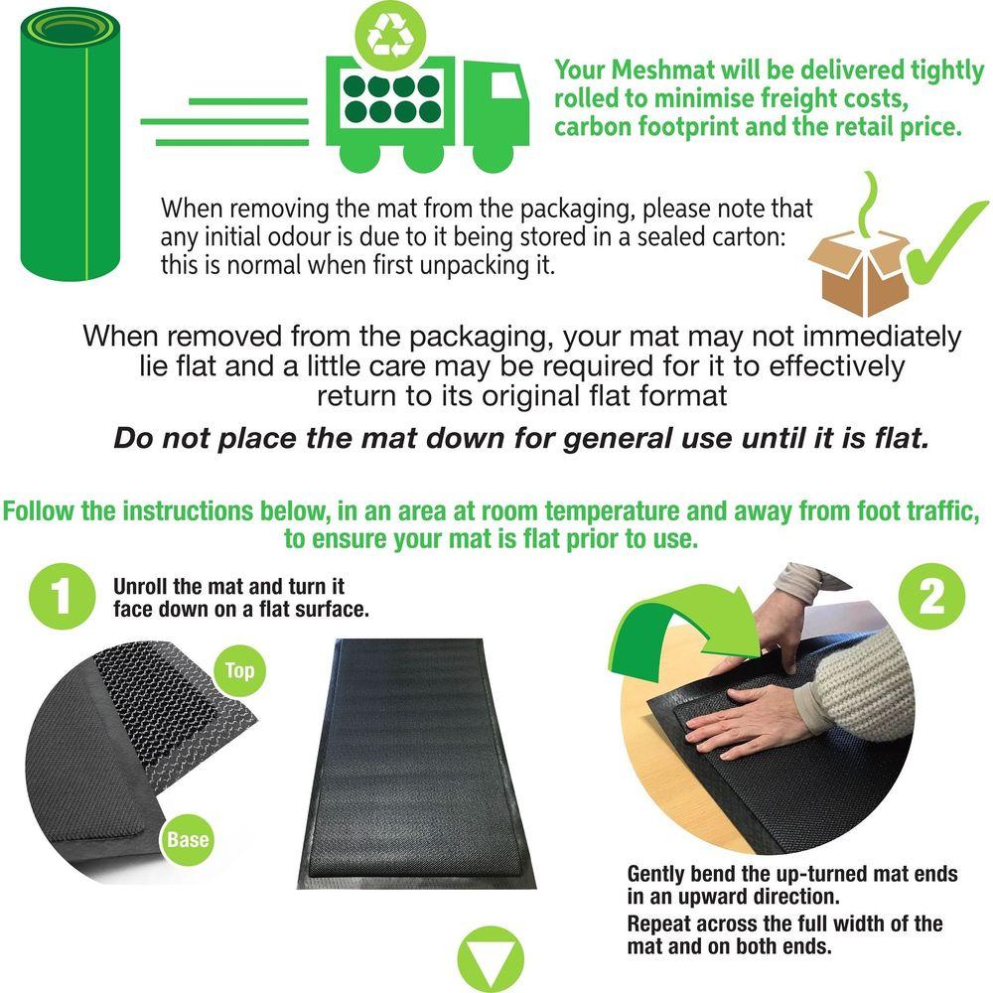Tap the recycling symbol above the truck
[390, 35]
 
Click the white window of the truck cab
[504, 85]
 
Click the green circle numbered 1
[62, 596]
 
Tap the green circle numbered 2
[931, 596]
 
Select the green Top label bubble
[239, 670]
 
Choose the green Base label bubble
[188, 840]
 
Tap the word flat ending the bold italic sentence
[902, 438]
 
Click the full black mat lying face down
[417, 764]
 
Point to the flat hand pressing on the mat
[748, 721]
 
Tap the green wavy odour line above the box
[871, 202]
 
